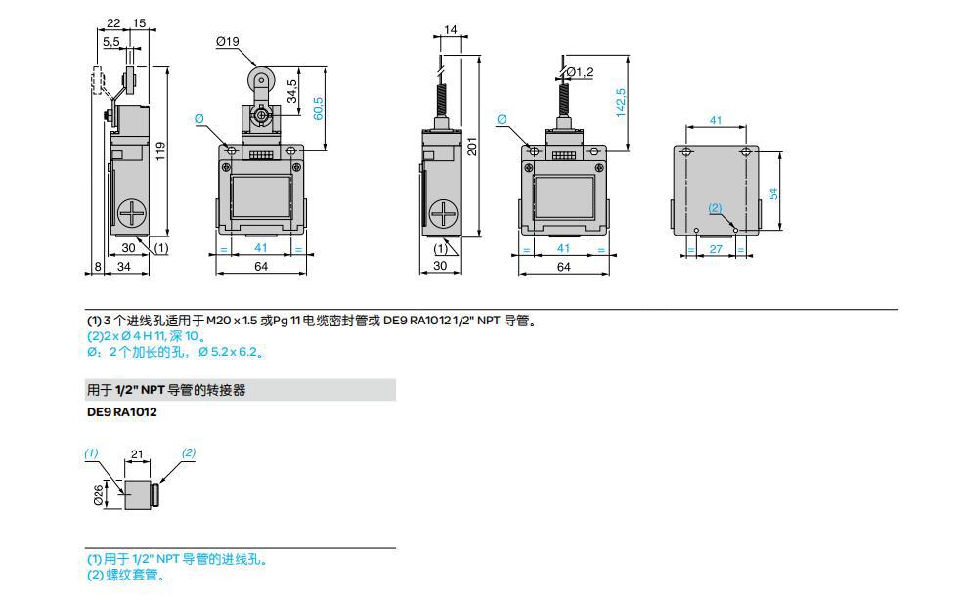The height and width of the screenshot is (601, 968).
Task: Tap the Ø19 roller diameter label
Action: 228,41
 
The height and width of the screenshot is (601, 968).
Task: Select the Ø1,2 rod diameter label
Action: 580,71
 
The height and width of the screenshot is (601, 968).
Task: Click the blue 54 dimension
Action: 773,193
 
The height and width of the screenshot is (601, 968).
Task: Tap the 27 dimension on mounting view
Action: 715,250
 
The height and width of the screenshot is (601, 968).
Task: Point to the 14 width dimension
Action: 450,30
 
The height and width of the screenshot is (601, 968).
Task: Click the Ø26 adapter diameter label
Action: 99,495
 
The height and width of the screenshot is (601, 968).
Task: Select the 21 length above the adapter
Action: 137,454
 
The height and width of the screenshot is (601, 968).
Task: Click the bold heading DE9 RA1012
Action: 122,411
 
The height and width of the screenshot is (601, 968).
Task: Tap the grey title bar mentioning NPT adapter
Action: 241,390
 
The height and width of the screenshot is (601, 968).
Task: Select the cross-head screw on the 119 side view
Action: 130,212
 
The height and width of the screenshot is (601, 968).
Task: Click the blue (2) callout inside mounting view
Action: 715,208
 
